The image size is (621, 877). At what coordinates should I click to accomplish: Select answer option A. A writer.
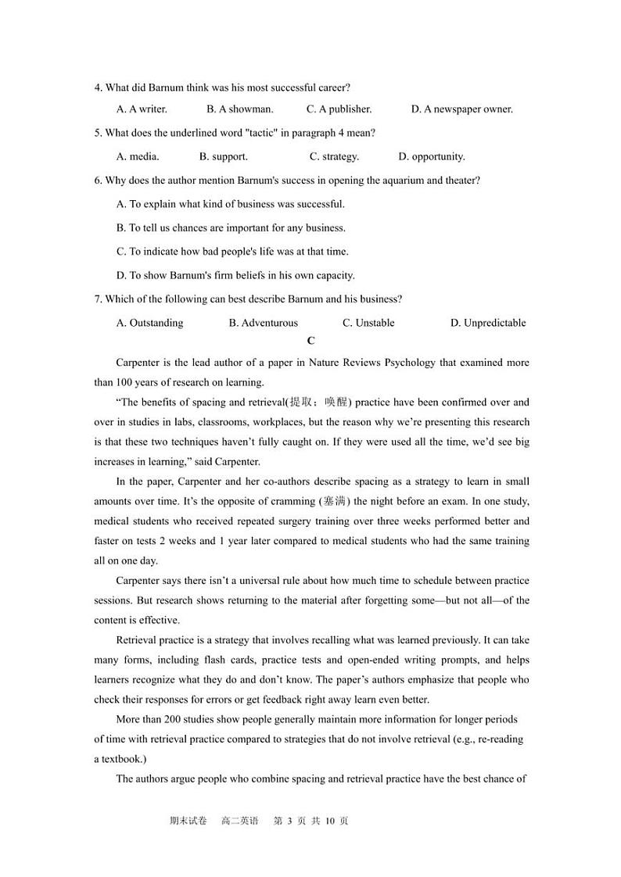pyautogui.click(x=142, y=109)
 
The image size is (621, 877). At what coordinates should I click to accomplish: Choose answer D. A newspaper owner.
pyautogui.click(x=461, y=109)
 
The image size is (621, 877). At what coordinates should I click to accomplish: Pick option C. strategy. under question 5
pyautogui.click(x=334, y=156)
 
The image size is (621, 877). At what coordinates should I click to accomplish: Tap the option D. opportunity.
pyautogui.click(x=431, y=156)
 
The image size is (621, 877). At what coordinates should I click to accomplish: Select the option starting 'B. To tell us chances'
pyautogui.click(x=231, y=228)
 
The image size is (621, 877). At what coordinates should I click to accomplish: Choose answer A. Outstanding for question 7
pyautogui.click(x=149, y=323)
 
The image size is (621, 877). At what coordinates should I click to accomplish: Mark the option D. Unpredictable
pyautogui.click(x=488, y=323)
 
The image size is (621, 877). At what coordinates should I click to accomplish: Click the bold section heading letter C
pyautogui.click(x=311, y=341)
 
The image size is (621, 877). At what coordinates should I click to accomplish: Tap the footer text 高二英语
pyautogui.click(x=239, y=821)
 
